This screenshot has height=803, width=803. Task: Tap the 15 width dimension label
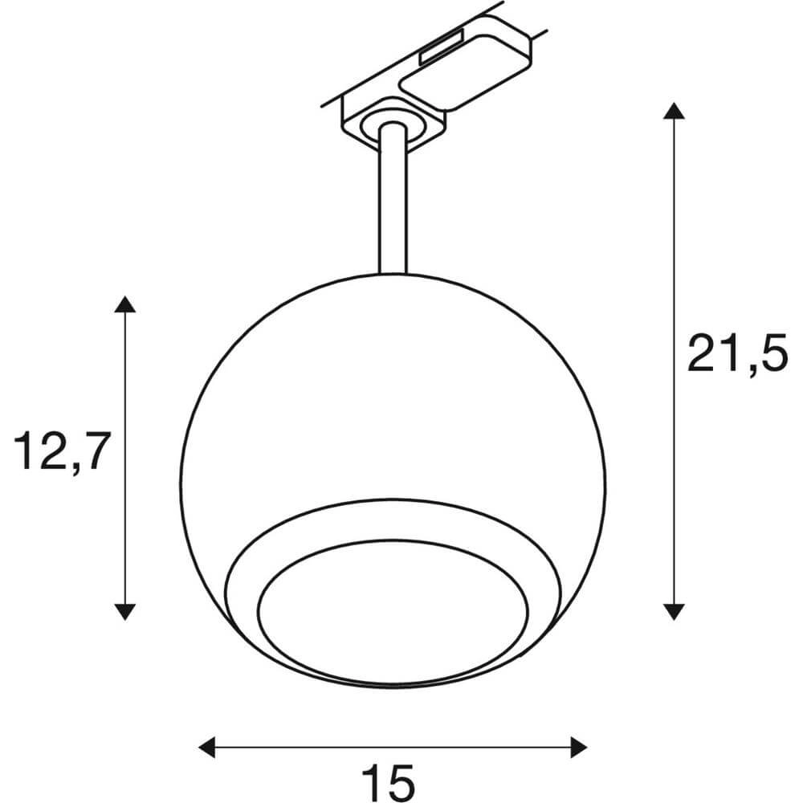click(x=388, y=779)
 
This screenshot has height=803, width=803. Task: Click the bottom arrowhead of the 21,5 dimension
click(x=673, y=611)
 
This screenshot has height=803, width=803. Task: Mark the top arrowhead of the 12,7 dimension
click(x=123, y=304)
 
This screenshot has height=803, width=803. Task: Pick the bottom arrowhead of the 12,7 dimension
click(x=123, y=611)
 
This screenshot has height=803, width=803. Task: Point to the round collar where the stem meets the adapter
click(x=391, y=122)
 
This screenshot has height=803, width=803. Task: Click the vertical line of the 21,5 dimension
click(x=673, y=241)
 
